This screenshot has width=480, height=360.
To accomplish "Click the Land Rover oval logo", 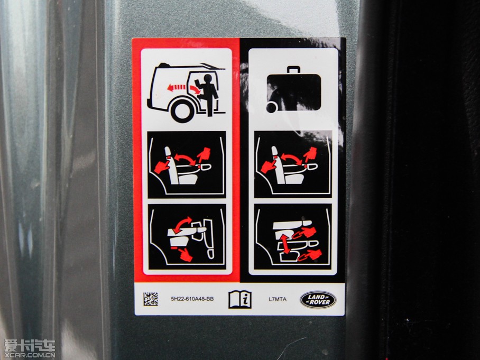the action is click(x=318, y=300).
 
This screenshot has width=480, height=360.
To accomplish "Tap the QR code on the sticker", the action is click(x=151, y=299).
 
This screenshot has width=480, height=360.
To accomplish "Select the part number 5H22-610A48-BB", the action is click(x=192, y=299).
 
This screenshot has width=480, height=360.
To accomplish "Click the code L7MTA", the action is click(x=278, y=299).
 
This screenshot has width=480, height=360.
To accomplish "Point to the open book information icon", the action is click(x=240, y=299).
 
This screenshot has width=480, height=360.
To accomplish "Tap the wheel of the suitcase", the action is click(x=271, y=107).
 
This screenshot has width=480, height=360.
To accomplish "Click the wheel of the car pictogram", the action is click(x=183, y=110).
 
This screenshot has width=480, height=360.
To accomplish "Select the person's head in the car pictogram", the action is click(x=208, y=79).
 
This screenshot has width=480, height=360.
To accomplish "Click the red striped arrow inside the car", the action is click(x=177, y=88).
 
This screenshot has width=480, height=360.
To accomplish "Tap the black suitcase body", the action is click(x=294, y=92).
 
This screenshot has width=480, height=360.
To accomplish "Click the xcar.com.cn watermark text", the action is click(x=30, y=355).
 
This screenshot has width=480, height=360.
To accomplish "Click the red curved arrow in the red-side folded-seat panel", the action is click(x=182, y=224).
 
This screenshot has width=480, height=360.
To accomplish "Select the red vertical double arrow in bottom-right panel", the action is click(x=285, y=244).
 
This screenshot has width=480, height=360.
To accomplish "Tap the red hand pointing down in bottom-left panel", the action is click(x=185, y=255).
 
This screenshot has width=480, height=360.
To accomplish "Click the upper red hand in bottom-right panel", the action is click(x=304, y=233).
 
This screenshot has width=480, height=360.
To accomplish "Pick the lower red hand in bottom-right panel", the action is click(x=310, y=255).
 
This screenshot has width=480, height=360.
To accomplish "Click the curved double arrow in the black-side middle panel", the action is click(x=291, y=159).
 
